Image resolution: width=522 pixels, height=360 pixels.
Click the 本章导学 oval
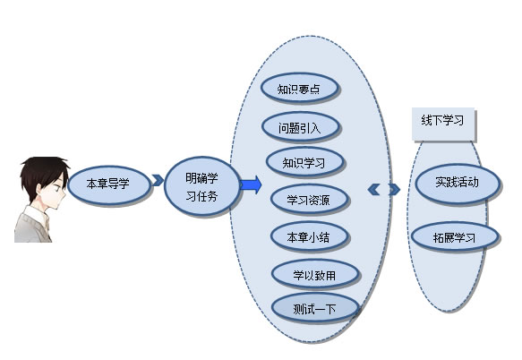109,184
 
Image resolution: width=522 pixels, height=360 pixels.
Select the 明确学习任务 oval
202,186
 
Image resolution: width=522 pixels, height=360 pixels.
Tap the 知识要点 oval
299,89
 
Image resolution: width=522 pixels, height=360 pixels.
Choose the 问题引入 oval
300,127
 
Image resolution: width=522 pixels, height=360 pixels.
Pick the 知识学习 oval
304,162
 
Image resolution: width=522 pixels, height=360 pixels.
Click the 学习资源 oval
309,200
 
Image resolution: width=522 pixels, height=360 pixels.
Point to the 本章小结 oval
309,236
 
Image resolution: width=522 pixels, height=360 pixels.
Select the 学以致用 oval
315,274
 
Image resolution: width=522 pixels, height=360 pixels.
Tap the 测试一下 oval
315,308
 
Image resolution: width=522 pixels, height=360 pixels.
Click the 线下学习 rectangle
443,124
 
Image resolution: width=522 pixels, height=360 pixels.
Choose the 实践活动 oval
458,183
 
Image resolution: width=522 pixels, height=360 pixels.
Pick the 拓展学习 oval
455,237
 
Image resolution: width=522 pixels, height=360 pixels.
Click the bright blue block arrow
251,184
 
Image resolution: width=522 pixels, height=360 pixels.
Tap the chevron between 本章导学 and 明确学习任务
158,180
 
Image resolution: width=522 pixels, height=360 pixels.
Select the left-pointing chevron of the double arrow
374,190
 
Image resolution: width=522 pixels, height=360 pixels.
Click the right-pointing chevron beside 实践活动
394,190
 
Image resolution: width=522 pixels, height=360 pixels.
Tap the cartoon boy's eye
57,187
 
